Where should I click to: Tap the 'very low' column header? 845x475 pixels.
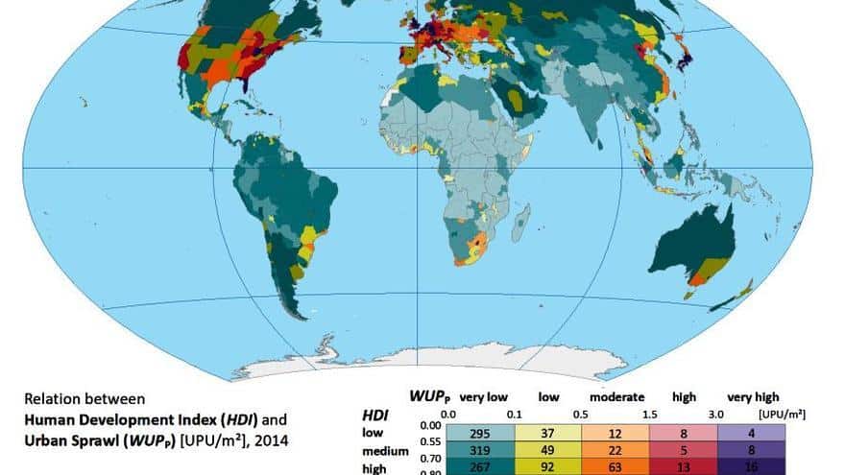[483, 396]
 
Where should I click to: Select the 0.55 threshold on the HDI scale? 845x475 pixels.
[430, 441]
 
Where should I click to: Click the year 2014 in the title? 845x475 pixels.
[271, 440]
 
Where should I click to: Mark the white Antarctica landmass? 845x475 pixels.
[432, 362]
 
